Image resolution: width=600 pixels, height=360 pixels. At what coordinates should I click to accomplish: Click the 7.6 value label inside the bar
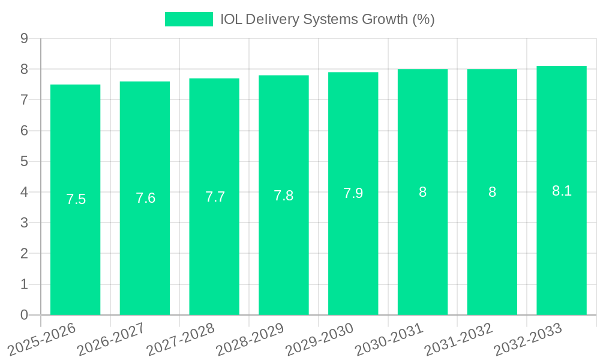coord(145,199)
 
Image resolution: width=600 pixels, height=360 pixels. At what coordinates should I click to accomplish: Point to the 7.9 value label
coord(353,193)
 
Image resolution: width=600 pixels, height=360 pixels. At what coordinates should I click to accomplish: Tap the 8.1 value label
coord(562,191)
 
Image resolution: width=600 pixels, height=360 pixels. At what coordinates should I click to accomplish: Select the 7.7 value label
coord(215,197)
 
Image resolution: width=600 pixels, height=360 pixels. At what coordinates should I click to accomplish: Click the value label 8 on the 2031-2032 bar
coord(492,193)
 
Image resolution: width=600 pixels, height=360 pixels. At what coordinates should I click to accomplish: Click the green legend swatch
coord(189,19)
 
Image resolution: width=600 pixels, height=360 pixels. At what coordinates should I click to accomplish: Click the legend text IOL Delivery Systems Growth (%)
coord(327,19)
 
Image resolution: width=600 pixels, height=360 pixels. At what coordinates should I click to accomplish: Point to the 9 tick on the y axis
coord(24,38)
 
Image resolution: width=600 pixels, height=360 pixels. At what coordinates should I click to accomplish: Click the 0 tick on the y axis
coord(24,315)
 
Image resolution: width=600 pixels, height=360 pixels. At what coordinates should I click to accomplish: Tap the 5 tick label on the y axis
coord(24,161)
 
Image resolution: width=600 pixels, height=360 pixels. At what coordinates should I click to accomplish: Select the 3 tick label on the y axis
coord(24,223)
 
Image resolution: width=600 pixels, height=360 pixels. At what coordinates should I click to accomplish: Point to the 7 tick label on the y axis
coord(24,100)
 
